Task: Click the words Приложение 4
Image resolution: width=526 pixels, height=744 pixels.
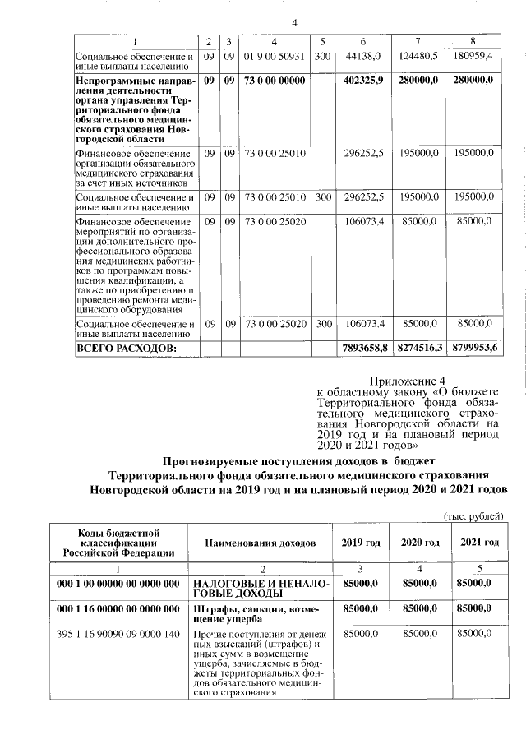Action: [407, 380]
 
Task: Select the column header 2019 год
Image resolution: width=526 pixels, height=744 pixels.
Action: [360, 543]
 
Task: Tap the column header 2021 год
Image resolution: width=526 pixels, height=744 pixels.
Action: [479, 543]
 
